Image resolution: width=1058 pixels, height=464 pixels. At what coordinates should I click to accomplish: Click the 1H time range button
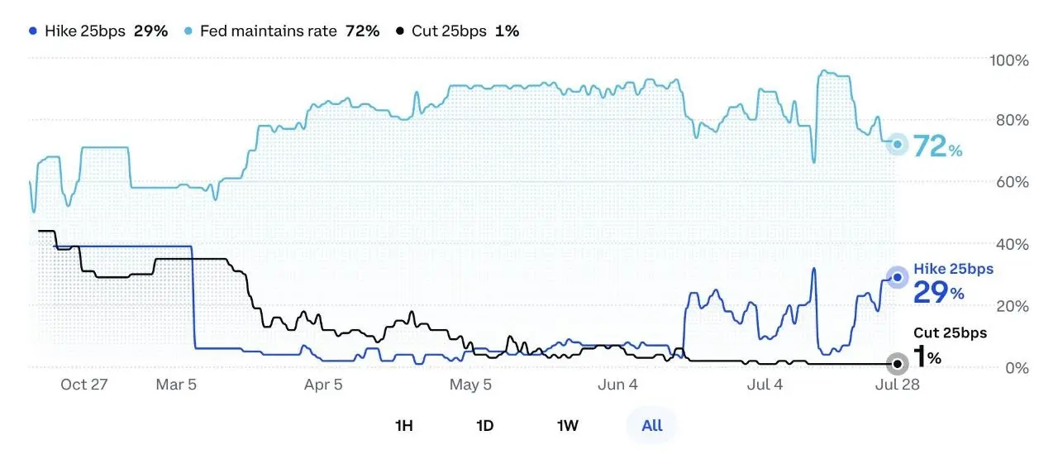404,426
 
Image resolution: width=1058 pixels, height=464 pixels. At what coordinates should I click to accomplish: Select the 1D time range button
485,426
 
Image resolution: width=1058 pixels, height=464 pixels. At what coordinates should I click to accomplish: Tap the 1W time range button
568,426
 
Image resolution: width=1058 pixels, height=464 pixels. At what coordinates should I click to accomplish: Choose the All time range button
652,426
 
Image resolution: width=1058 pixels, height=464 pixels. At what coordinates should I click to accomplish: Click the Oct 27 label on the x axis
84,385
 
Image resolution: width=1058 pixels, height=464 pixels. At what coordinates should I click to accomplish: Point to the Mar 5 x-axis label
176,385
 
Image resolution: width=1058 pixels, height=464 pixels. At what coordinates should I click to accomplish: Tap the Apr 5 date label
323,385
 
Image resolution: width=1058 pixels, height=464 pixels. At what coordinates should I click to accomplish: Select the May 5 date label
470,385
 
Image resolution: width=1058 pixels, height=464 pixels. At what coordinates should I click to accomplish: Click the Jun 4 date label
617,385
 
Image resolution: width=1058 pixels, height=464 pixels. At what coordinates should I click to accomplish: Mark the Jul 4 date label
765,385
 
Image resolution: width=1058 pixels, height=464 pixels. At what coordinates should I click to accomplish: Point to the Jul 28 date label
898,385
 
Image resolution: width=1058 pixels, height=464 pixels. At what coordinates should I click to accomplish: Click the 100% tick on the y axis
1009,60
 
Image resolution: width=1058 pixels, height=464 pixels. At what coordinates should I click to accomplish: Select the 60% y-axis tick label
1013,182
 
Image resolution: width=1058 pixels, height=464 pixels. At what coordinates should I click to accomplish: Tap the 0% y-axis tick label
1017,367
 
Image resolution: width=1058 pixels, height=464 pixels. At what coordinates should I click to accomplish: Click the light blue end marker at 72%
898,144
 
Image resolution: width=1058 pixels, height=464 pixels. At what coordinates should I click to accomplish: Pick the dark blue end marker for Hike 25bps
898,277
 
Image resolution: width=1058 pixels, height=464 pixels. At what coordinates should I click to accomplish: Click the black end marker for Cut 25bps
898,364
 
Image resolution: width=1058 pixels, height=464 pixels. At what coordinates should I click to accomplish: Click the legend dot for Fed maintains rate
188,31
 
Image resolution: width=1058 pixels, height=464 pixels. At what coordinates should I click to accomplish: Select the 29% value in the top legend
150,31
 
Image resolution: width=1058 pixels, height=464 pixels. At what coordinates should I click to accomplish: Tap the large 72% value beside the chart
937,146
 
